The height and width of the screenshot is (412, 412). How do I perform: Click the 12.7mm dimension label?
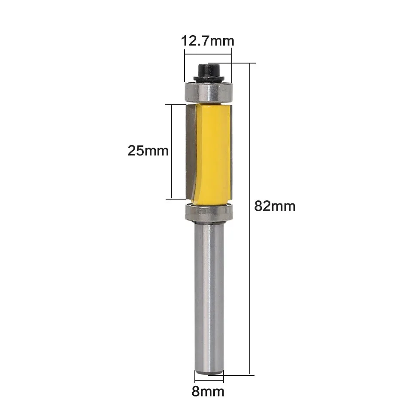[208, 41]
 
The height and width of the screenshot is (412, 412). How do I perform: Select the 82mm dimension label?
[275, 206]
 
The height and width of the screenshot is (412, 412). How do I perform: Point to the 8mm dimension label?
[209, 391]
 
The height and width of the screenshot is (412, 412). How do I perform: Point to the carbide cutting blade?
[190, 150]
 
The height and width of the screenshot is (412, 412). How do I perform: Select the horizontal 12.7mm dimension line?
[208, 54]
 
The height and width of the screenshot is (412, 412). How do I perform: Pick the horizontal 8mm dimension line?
[209, 380]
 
